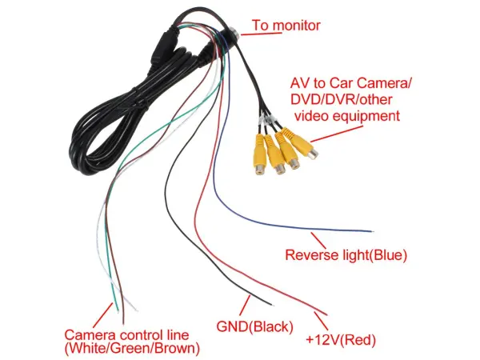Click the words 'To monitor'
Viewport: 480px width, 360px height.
286,25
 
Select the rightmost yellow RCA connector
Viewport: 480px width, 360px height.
303,146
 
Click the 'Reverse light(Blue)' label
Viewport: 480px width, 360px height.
346,256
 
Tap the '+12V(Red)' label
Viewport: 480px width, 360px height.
340,339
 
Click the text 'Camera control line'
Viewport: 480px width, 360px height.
126,334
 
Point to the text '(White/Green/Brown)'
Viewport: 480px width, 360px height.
132,348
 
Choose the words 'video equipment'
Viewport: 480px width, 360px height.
346,116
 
